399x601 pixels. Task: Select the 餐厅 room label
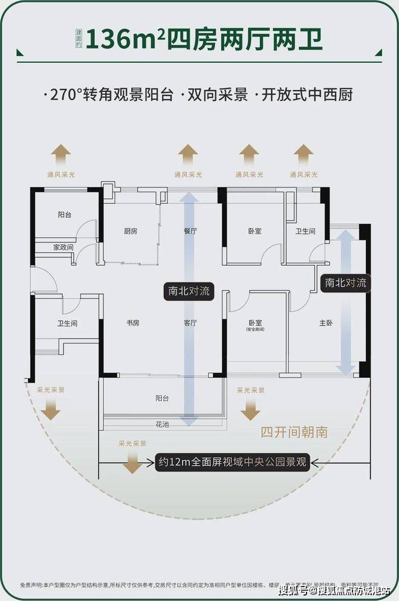(190, 231)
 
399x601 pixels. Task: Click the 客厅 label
(190, 323)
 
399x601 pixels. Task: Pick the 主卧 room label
(326, 323)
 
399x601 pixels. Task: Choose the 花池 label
(162, 424)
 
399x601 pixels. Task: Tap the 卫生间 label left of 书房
(67, 323)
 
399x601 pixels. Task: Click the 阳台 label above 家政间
(65, 214)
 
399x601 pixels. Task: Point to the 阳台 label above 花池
(162, 398)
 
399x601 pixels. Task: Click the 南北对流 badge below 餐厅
(189, 291)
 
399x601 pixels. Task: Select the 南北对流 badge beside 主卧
(345, 282)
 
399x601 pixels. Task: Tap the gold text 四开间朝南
(294, 432)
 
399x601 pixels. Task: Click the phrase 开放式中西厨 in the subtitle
(308, 95)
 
